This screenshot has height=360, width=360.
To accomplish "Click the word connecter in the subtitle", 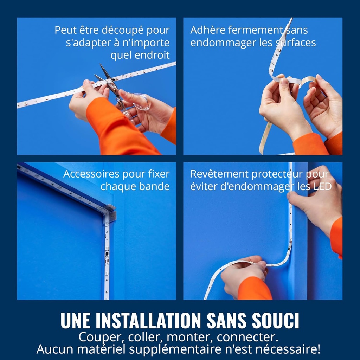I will [247, 337].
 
